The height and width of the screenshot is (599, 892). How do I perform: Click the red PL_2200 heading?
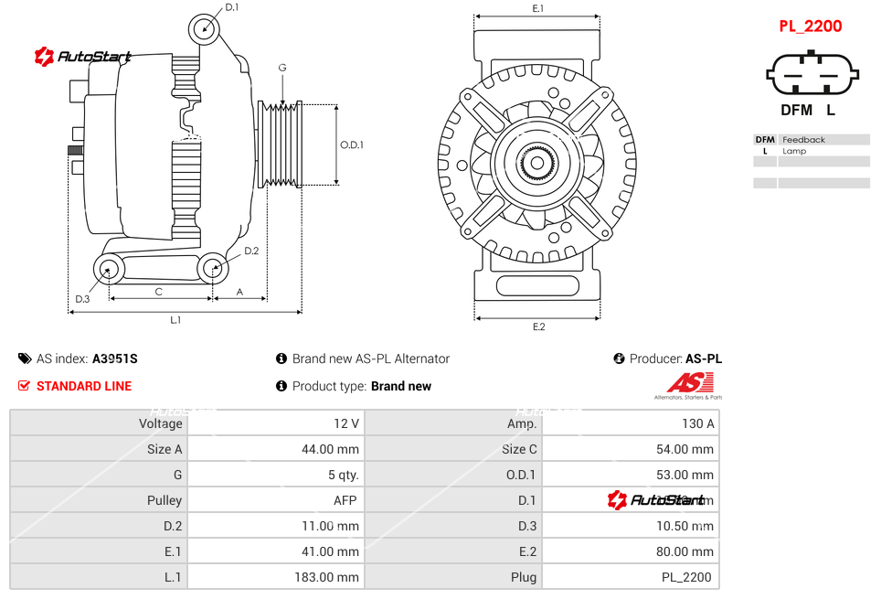pos(810,27)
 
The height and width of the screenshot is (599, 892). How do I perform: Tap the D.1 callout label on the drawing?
pos(232,7)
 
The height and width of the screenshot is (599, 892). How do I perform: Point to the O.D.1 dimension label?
pos(352,144)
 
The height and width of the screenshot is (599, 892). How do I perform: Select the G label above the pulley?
pos(282,68)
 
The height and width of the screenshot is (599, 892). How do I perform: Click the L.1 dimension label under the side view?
pos(175,319)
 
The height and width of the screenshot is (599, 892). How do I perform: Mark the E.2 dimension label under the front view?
pos(538,326)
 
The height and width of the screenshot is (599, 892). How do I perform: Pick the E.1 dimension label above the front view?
pos(538,8)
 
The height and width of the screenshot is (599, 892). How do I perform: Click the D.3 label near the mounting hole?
pos(82,299)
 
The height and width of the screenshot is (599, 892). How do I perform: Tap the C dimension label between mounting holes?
pos(159,292)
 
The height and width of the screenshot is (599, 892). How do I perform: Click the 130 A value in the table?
pos(698,423)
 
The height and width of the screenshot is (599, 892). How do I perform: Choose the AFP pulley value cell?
pos(345,500)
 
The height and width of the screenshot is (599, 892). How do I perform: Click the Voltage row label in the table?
pos(161,423)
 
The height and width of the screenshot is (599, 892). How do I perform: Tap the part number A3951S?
pos(114,359)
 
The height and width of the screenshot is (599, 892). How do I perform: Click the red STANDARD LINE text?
pos(84,386)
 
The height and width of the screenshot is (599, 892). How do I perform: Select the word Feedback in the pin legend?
pos(803,140)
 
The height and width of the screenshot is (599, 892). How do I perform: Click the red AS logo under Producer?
pos(689,383)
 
